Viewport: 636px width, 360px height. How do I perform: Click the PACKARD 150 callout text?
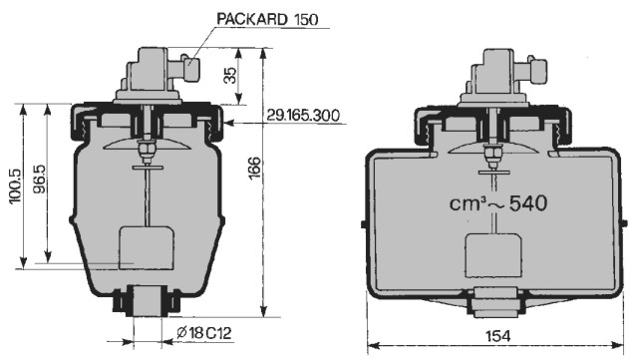268,19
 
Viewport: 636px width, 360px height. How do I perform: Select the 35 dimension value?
230,75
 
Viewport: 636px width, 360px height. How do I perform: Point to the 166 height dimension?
254,168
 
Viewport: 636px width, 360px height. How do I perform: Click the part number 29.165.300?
303,116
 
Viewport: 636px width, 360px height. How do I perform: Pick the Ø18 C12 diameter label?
204,333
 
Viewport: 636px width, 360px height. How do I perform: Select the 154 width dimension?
498,336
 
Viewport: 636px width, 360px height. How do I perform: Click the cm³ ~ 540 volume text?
498,203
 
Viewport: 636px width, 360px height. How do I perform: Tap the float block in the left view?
147,247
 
